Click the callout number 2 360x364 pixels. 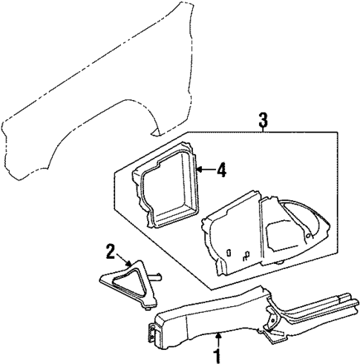coord(110,252)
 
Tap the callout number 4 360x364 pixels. coord(222,170)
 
